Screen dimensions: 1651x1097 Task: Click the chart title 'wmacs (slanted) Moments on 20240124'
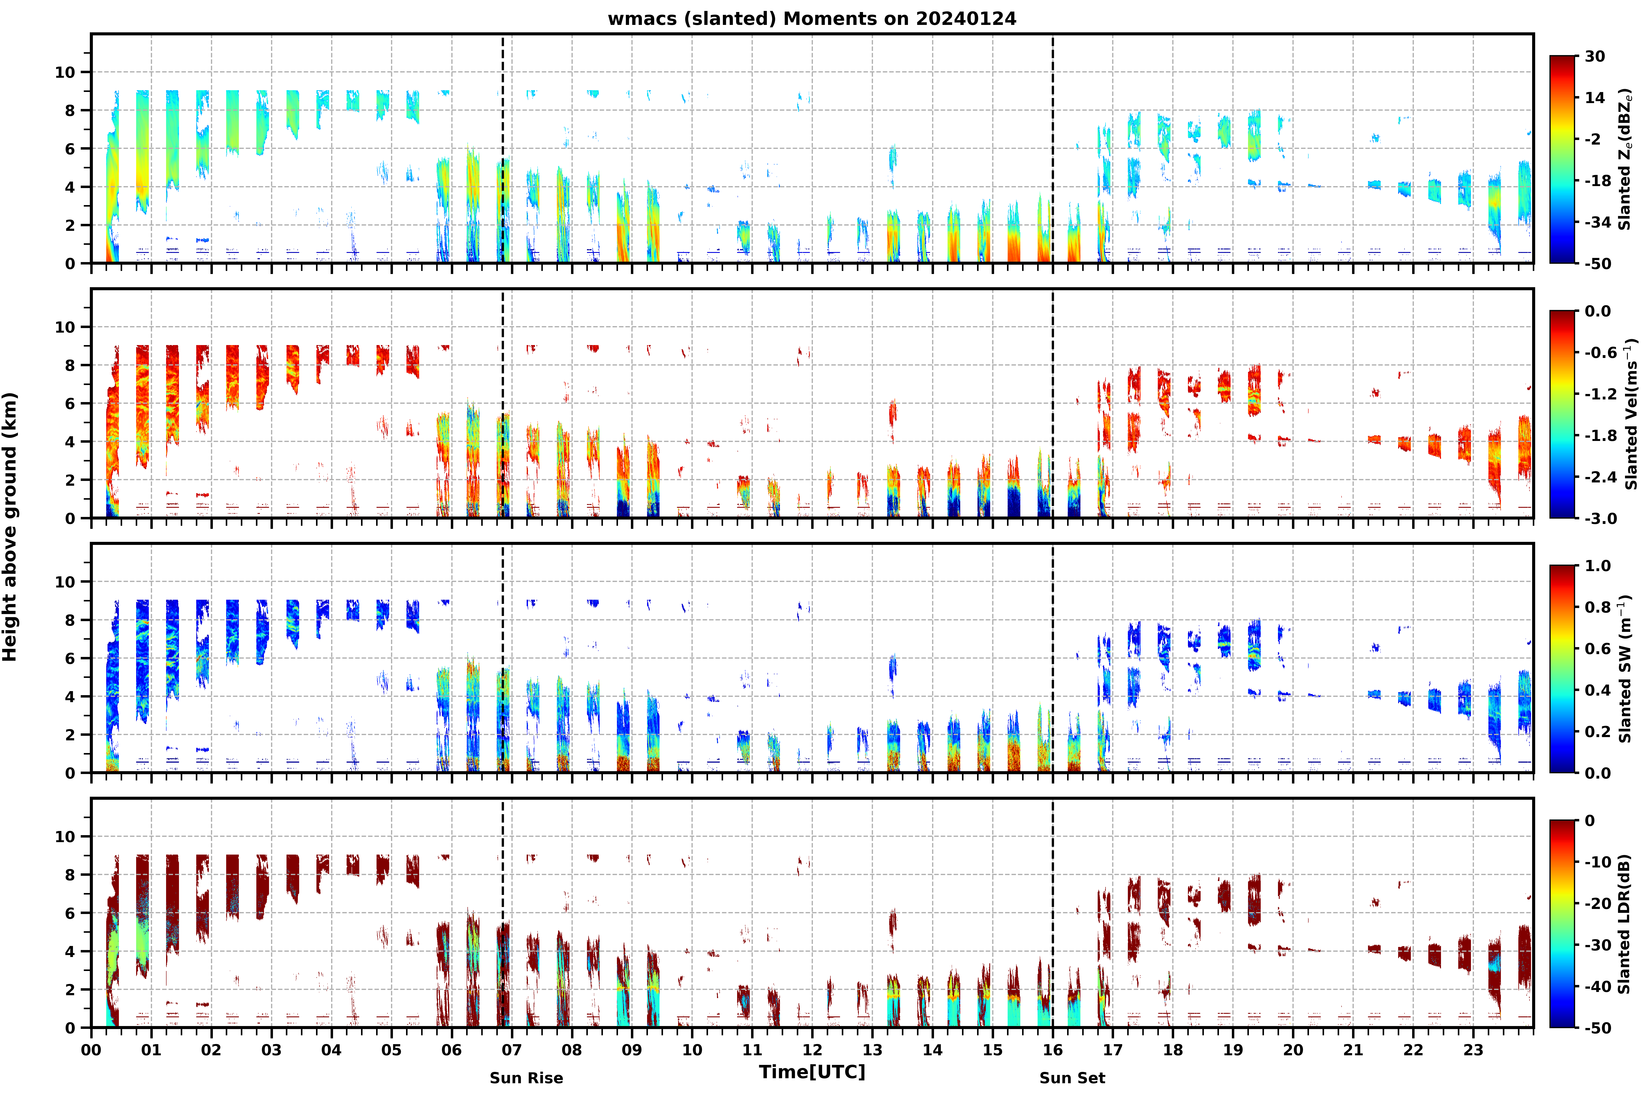tap(812, 19)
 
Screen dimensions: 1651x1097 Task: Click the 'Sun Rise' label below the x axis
tap(526, 1078)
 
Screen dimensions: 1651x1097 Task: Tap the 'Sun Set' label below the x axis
tap(1072, 1078)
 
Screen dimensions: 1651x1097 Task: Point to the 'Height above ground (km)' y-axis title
tap(10, 527)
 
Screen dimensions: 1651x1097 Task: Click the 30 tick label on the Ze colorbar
tap(1595, 57)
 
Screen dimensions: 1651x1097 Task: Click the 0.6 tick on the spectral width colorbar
tap(1598, 649)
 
